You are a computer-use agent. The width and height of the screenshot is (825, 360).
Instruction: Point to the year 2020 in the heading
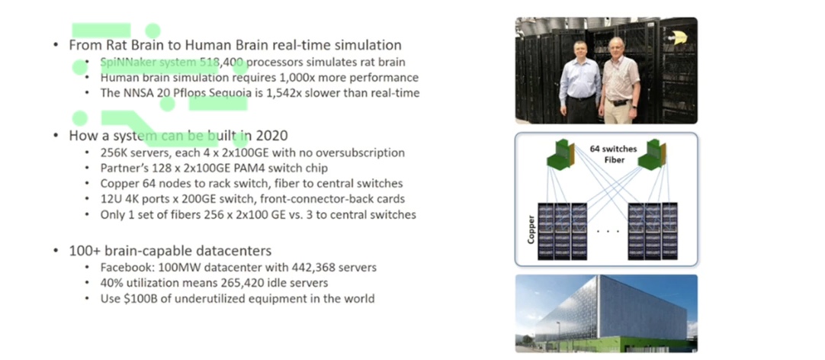pyautogui.click(x=271, y=136)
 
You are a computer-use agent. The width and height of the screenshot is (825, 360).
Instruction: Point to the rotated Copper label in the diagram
pyautogui.click(x=530, y=229)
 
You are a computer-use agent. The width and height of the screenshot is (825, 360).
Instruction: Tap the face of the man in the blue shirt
pyautogui.click(x=579, y=52)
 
